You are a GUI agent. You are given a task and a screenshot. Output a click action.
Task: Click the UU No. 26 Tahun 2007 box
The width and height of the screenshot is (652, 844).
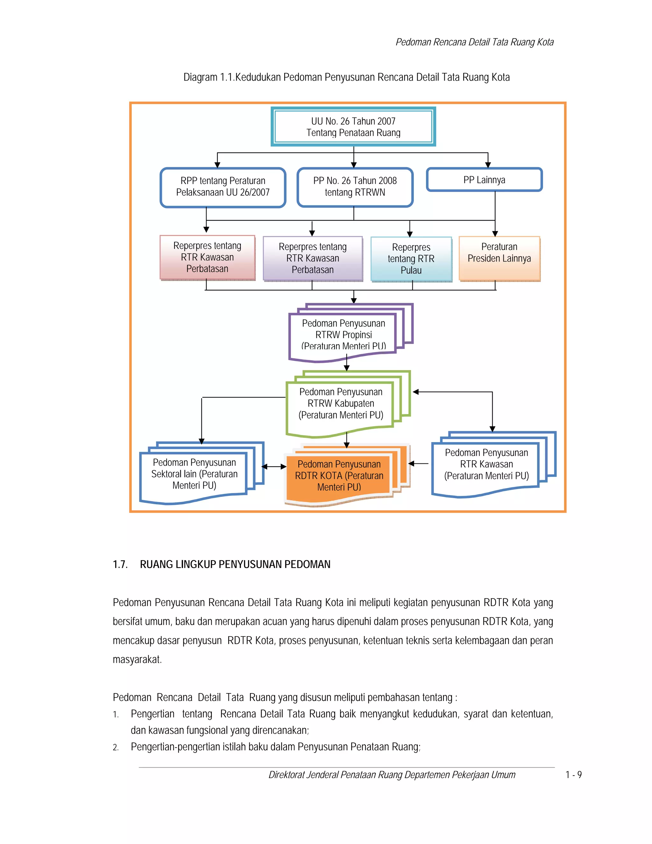click(x=353, y=127)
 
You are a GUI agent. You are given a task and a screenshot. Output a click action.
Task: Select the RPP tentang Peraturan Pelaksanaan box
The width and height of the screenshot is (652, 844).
click(x=223, y=187)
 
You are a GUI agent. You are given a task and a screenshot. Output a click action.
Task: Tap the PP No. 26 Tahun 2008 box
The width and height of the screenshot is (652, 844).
click(x=355, y=187)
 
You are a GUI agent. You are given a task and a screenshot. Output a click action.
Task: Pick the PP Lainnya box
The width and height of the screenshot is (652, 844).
click(x=484, y=180)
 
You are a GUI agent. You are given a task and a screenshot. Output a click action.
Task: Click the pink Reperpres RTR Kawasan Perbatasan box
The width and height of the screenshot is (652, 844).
click(x=208, y=257)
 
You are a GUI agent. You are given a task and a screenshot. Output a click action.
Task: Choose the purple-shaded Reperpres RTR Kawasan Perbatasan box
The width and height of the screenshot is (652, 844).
click(x=313, y=258)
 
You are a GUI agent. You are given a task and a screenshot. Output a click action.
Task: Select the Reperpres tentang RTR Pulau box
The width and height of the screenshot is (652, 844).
click(x=411, y=259)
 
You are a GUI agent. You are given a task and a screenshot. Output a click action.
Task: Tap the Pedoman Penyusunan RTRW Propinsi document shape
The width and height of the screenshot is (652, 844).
click(x=344, y=335)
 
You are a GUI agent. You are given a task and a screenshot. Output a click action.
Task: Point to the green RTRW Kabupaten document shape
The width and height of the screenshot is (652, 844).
click(x=341, y=404)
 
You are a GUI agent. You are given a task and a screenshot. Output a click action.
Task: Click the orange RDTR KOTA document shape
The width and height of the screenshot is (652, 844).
click(x=339, y=476)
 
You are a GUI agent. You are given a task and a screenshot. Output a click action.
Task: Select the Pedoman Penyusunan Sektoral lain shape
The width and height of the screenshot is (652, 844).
click(x=194, y=474)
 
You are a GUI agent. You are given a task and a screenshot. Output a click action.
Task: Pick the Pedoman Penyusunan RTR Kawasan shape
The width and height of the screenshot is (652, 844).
click(x=486, y=464)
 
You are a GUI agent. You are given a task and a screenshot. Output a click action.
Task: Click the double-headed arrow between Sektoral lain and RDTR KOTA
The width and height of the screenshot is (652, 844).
click(x=274, y=467)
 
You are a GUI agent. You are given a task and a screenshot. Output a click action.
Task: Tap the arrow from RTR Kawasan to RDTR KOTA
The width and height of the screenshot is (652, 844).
click(x=419, y=463)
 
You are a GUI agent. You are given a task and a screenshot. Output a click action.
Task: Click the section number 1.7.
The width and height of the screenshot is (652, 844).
click(x=120, y=565)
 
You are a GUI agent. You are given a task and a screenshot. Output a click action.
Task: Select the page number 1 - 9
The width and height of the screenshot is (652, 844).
click(x=573, y=775)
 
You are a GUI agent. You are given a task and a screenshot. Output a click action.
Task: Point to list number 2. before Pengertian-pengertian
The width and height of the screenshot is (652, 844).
click(x=116, y=747)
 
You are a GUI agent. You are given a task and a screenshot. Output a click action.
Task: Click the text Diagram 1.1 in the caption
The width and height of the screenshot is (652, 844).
click(x=208, y=77)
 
